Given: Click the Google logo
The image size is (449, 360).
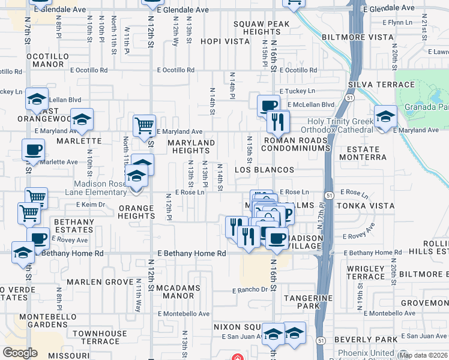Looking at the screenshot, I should (20, 353).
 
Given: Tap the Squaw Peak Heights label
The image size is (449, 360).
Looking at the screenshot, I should (262, 28).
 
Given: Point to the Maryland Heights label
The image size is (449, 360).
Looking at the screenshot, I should (190, 146).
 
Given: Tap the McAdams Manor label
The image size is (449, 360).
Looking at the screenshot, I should (178, 292).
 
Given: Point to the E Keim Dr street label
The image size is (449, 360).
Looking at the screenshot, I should (91, 205).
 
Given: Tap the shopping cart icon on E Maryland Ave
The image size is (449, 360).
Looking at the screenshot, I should (144, 126).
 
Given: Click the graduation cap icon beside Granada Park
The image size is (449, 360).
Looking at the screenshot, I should (385, 116).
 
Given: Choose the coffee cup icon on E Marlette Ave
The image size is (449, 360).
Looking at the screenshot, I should (32, 150).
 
